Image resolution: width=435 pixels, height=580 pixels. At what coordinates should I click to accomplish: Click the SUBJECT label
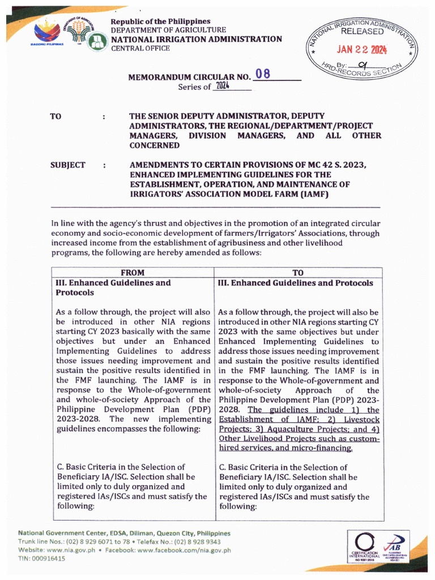pyautogui.click(x=68, y=165)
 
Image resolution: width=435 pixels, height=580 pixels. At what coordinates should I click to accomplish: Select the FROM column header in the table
pyautogui.click(x=133, y=272)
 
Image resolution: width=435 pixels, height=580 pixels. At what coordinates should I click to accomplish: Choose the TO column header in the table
pyautogui.click(x=298, y=272)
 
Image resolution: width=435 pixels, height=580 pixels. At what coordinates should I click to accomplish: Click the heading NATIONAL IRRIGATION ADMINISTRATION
pyautogui.click(x=196, y=39)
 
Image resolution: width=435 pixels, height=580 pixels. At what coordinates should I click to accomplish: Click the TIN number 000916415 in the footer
pyautogui.click(x=50, y=558)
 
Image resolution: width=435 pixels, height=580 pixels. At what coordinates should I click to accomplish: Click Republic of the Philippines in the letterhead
pyautogui.click(x=160, y=21)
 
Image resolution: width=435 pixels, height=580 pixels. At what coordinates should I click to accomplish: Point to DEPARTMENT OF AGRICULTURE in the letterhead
pyautogui.click(x=168, y=30)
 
